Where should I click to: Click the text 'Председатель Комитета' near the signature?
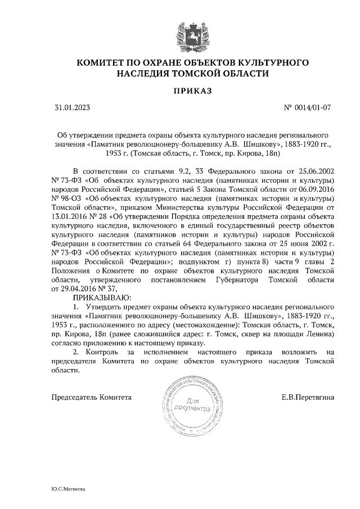click(92, 397)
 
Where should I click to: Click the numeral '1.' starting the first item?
click(76, 307)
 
